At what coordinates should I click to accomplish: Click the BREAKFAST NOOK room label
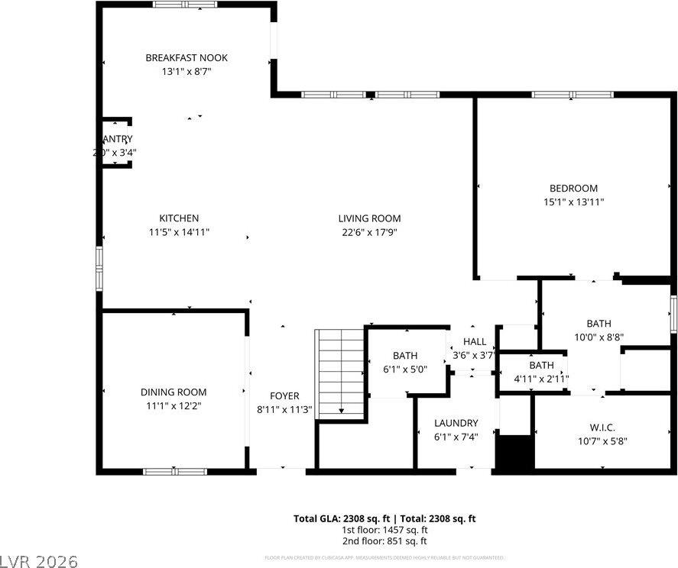[187, 58]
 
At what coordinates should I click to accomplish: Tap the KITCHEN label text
[179, 218]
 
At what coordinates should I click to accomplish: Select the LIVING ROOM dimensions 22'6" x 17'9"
[369, 232]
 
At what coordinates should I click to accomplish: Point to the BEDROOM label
[573, 189]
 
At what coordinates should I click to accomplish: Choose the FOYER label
[284, 395]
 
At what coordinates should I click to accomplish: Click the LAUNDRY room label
[456, 423]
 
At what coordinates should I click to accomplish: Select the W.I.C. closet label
[602, 427]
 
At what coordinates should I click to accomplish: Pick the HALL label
[475, 342]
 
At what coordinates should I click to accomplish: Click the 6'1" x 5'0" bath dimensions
[405, 369]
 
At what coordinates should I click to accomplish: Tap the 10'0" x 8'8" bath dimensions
[599, 337]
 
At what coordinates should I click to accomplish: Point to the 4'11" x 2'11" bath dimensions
[541, 378]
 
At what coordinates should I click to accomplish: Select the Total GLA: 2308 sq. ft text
[340, 518]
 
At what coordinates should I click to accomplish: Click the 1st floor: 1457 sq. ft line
[384, 530]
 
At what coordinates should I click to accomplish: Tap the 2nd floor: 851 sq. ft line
[384, 541]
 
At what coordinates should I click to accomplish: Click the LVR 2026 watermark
[39, 561]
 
